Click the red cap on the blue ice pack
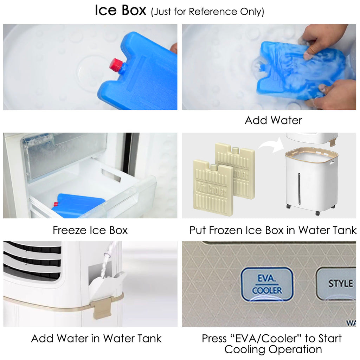[x=117, y=64]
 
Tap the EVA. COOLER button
[x=267, y=284]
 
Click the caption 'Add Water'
[x=273, y=120]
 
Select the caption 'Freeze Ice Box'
[x=90, y=230]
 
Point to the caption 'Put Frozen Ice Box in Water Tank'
[x=273, y=230]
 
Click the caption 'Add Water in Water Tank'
[x=96, y=339]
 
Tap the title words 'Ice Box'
[x=121, y=10]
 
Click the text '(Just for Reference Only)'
[x=207, y=12]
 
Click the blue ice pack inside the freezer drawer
[x=77, y=205]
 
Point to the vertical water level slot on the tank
[x=299, y=189]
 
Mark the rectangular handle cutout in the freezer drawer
[x=111, y=175]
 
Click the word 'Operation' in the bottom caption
[x=296, y=350]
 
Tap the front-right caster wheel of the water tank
[x=317, y=213]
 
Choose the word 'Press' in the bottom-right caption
[x=214, y=339]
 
